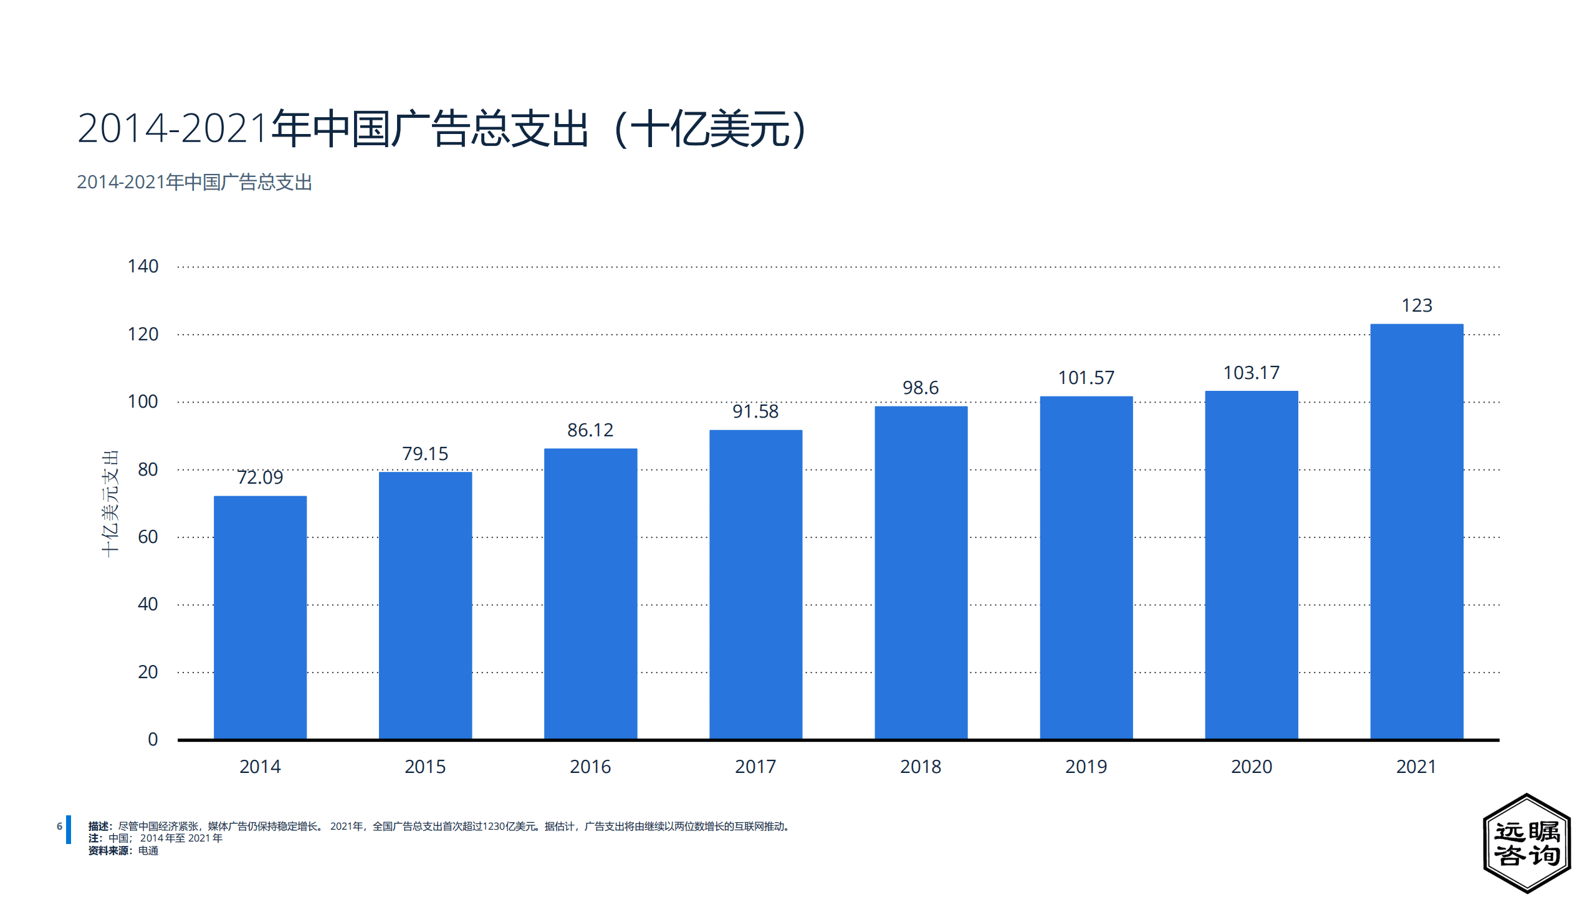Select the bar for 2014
260,617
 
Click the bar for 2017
755,584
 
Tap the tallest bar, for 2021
1416,531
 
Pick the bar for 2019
1086,567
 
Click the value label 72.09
260,477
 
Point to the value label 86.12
590,430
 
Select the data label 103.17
1251,373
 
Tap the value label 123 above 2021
1416,305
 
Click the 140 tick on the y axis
143,266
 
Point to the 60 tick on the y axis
148,537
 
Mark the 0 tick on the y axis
153,739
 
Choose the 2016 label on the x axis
590,766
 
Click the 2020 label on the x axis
1251,766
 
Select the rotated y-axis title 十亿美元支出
110,504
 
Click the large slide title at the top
443,128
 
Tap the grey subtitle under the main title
194,182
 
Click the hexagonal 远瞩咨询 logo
1526,843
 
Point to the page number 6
59,827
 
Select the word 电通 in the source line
148,851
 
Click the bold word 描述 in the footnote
98,827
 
